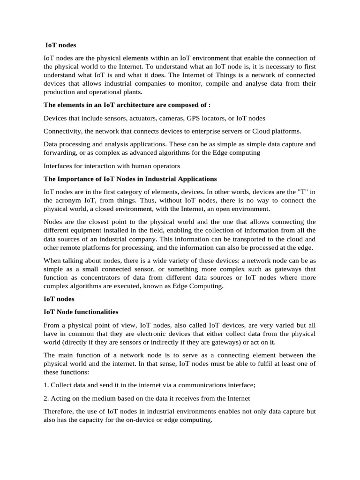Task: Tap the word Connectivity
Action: click(x=62, y=131)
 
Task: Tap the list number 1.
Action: click(x=45, y=385)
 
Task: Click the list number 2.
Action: click(x=45, y=398)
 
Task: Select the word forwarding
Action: click(x=60, y=152)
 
